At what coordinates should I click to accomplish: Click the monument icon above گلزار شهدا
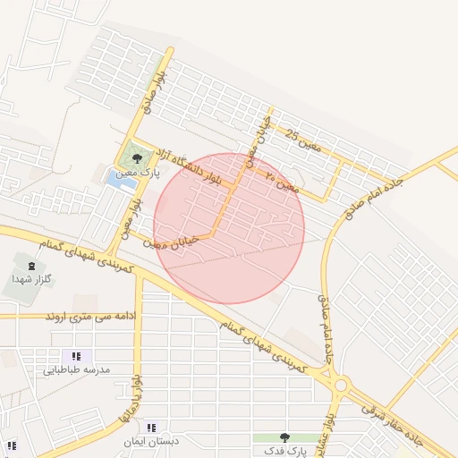33,266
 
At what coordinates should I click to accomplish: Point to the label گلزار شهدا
33,279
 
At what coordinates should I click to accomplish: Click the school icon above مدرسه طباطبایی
76,356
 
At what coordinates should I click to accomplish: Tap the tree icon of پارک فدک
284,437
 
